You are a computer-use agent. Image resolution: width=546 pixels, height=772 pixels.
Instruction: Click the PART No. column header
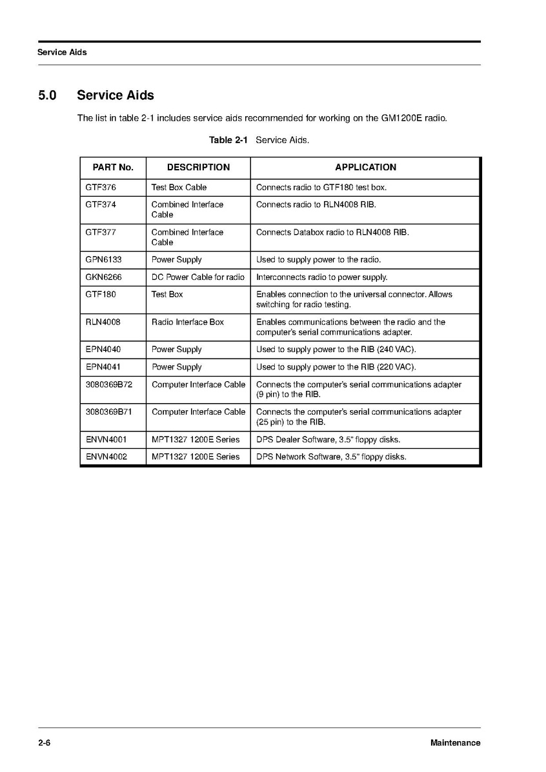click(113, 167)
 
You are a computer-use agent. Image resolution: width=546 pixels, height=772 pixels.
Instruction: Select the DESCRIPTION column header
click(198, 167)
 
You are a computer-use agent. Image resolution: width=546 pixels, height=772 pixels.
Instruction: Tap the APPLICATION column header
click(365, 167)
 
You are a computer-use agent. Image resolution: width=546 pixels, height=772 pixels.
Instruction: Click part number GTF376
click(101, 188)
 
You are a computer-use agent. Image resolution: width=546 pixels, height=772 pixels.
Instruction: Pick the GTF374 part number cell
click(101, 204)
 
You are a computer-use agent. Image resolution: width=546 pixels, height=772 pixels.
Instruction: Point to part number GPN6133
click(103, 260)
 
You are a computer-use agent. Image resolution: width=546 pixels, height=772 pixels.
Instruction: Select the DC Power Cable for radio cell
click(197, 277)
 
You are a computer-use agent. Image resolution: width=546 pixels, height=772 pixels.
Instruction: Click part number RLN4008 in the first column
click(103, 322)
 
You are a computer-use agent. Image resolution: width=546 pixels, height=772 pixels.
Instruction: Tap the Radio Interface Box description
click(187, 322)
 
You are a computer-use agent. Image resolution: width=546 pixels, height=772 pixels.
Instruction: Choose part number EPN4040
click(103, 350)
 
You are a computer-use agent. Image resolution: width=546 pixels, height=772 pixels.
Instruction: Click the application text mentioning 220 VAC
click(336, 367)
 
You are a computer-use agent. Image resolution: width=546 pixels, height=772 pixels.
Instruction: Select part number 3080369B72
click(108, 384)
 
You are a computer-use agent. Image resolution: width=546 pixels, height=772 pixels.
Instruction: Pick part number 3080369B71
click(108, 411)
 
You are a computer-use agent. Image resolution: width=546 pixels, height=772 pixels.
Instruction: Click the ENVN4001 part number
click(106, 440)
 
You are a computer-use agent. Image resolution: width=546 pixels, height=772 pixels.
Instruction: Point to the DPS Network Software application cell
click(330, 457)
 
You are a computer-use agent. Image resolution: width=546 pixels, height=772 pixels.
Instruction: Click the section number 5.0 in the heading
click(47, 95)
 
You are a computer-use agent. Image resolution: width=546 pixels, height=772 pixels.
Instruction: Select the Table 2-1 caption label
click(228, 140)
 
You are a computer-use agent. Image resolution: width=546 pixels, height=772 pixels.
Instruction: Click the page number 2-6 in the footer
click(44, 743)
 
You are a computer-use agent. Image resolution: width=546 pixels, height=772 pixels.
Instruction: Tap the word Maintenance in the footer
click(455, 743)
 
